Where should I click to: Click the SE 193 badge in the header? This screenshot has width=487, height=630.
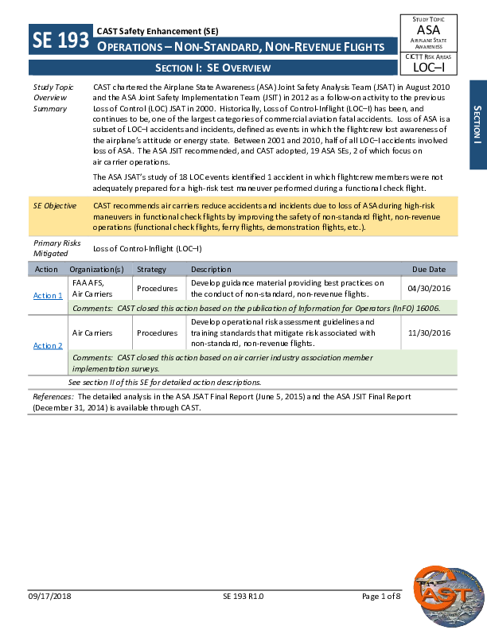[x=60, y=41]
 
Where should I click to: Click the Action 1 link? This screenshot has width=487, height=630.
[x=48, y=296]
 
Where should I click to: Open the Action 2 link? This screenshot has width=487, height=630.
[x=48, y=345]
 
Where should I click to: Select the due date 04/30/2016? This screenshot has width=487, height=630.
[x=428, y=288]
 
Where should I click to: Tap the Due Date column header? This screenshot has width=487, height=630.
[x=429, y=270]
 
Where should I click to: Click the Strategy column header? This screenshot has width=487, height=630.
[x=151, y=270]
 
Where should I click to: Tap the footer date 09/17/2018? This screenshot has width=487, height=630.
[x=50, y=618]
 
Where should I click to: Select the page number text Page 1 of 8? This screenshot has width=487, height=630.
[x=381, y=618]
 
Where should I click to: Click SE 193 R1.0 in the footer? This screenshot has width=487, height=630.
[x=243, y=618]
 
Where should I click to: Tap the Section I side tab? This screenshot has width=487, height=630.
[x=477, y=124]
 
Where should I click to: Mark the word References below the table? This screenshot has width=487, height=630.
[x=53, y=396]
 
